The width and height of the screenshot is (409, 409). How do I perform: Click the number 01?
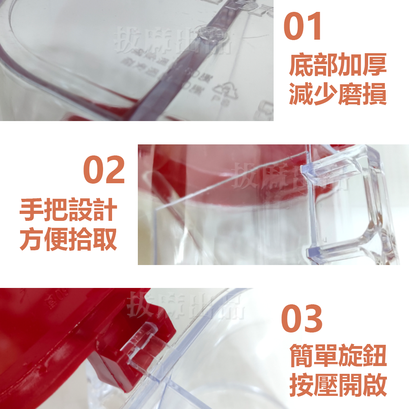(x=303, y=27)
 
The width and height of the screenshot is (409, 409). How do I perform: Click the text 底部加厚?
(x=338, y=67)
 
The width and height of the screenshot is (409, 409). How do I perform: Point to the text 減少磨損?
(x=338, y=95)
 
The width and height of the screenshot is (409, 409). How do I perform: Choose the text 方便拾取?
(x=68, y=240)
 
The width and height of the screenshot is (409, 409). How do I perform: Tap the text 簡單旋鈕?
(x=338, y=356)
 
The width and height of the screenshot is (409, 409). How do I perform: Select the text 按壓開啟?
(x=338, y=384)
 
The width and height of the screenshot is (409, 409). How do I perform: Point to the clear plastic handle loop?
(x=348, y=204)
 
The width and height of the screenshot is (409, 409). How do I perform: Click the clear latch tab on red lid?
(x=141, y=344)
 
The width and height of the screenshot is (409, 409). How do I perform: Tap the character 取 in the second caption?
(x=105, y=240)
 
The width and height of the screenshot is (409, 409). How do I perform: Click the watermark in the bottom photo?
(x=186, y=306)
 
